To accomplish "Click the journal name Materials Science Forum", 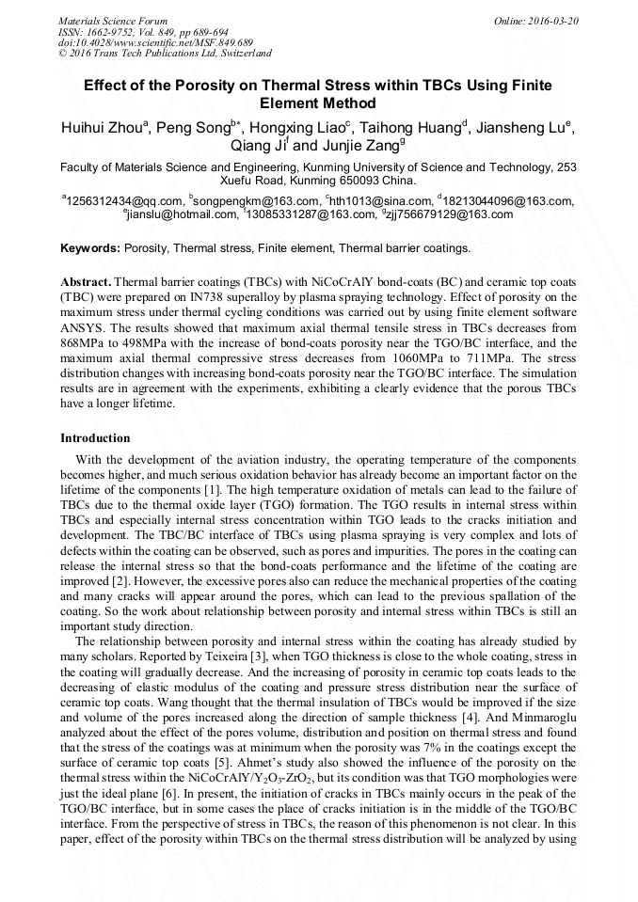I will click(x=113, y=20).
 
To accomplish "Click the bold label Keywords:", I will click(x=90, y=248).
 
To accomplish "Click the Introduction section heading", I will click(x=95, y=438).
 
